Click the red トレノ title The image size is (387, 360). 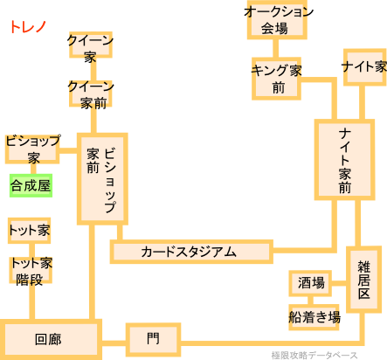28,27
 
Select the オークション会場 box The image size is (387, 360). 277,20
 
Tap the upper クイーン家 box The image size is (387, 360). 91,45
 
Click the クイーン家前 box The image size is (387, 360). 91,93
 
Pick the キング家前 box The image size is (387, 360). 276,79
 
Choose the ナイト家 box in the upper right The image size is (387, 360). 365,67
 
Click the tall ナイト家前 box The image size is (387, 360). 344,160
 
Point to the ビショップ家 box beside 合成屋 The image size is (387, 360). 32,149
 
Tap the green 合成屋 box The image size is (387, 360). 31,185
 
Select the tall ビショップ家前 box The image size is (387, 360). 102,179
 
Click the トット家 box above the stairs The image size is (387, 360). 29,231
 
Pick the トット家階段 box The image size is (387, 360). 31,270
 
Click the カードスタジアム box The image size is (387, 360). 191,252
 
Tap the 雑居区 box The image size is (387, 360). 363,280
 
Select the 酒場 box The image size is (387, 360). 310,283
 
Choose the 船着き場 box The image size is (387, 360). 314,317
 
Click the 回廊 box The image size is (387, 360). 51,339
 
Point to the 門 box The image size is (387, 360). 153,339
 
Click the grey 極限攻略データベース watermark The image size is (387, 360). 314,356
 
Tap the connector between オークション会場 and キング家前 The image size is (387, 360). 275,48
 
